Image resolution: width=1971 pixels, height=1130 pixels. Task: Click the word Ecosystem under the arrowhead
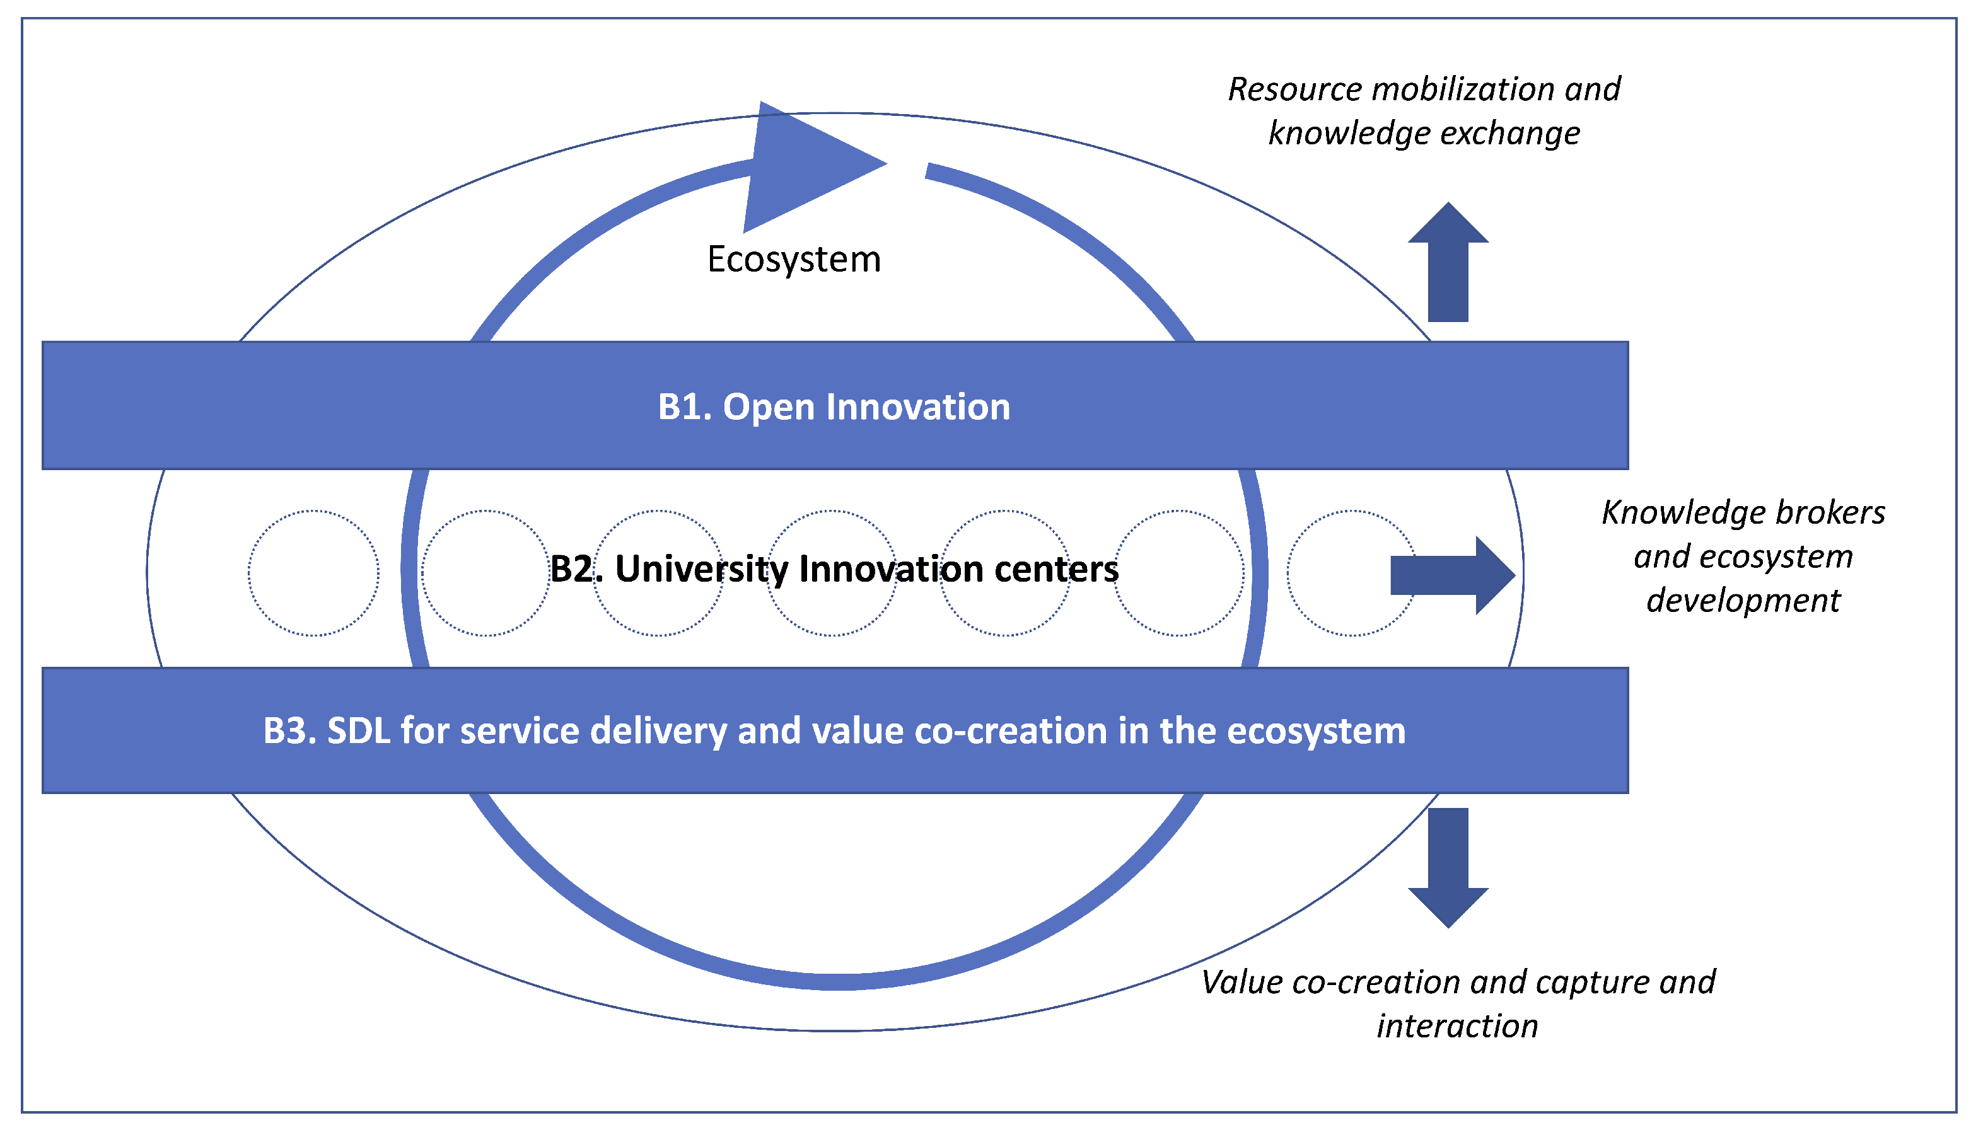click(x=793, y=259)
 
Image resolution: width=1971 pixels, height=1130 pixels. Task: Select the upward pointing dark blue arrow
click(x=1448, y=264)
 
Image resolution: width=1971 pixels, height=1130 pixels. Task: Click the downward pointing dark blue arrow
click(x=1448, y=865)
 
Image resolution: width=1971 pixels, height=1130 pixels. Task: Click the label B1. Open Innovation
click(x=834, y=406)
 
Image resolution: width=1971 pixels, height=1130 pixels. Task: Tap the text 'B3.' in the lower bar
click(x=289, y=731)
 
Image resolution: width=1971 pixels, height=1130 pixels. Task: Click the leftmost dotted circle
click(x=313, y=574)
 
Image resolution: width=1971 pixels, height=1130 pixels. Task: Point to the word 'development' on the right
click(x=1743, y=601)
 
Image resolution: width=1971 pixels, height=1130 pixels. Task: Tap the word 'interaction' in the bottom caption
click(x=1457, y=1026)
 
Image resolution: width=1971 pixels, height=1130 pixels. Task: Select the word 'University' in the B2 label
click(x=701, y=569)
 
